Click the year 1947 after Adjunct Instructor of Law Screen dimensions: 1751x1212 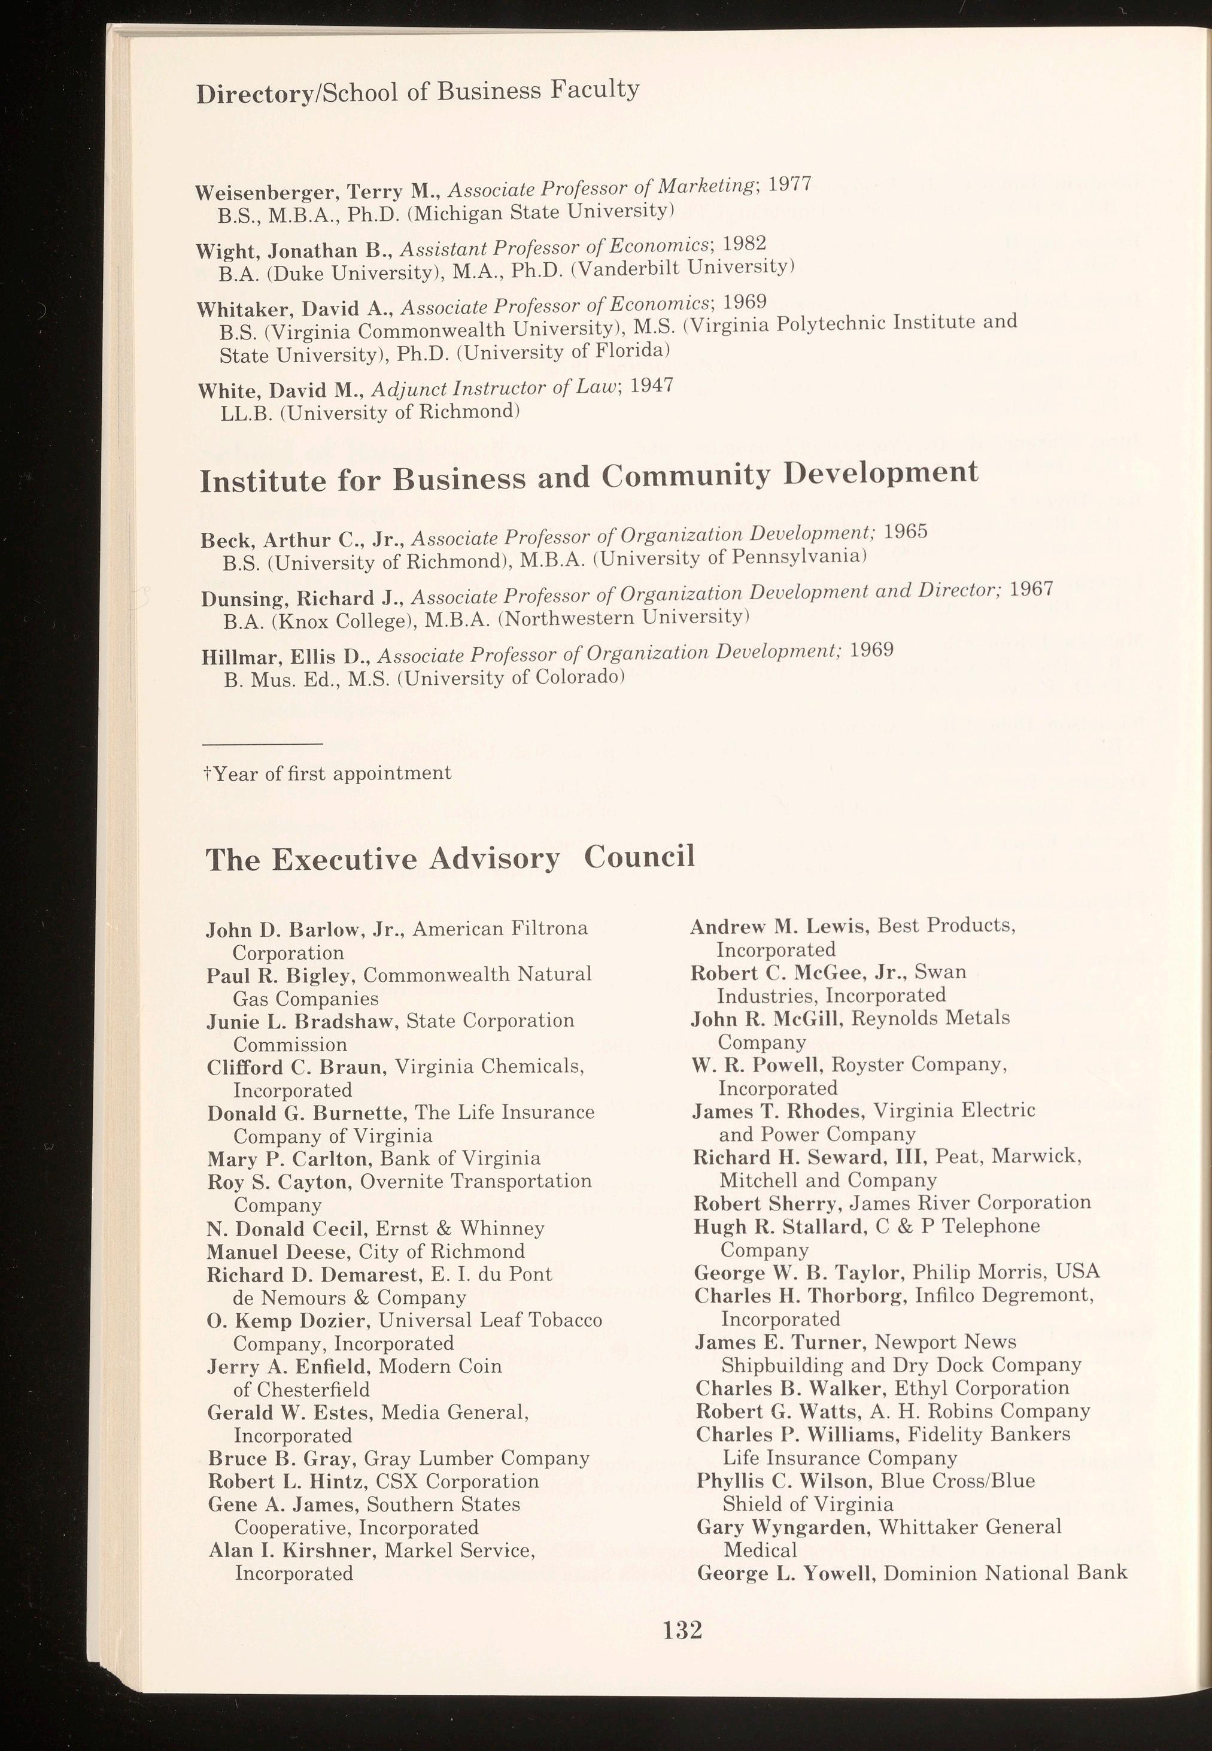point(652,385)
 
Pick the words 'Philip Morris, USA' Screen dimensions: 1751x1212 point(1006,1272)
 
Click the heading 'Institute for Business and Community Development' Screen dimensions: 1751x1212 point(588,478)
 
